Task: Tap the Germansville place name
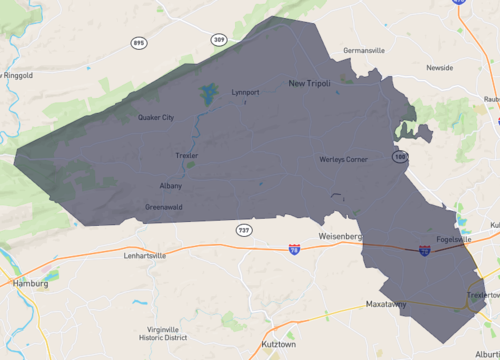pyautogui.click(x=363, y=50)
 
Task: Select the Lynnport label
pyautogui.click(x=245, y=92)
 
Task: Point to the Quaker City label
pyautogui.click(x=156, y=117)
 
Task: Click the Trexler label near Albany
pyautogui.click(x=186, y=156)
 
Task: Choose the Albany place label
pyautogui.click(x=170, y=186)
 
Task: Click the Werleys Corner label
pyautogui.click(x=343, y=159)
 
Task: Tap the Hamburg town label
pyautogui.click(x=31, y=283)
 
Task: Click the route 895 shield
pyautogui.click(x=138, y=43)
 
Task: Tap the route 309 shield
pyautogui.click(x=219, y=40)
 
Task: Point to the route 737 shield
pyautogui.click(x=244, y=230)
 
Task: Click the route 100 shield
pyautogui.click(x=401, y=157)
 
